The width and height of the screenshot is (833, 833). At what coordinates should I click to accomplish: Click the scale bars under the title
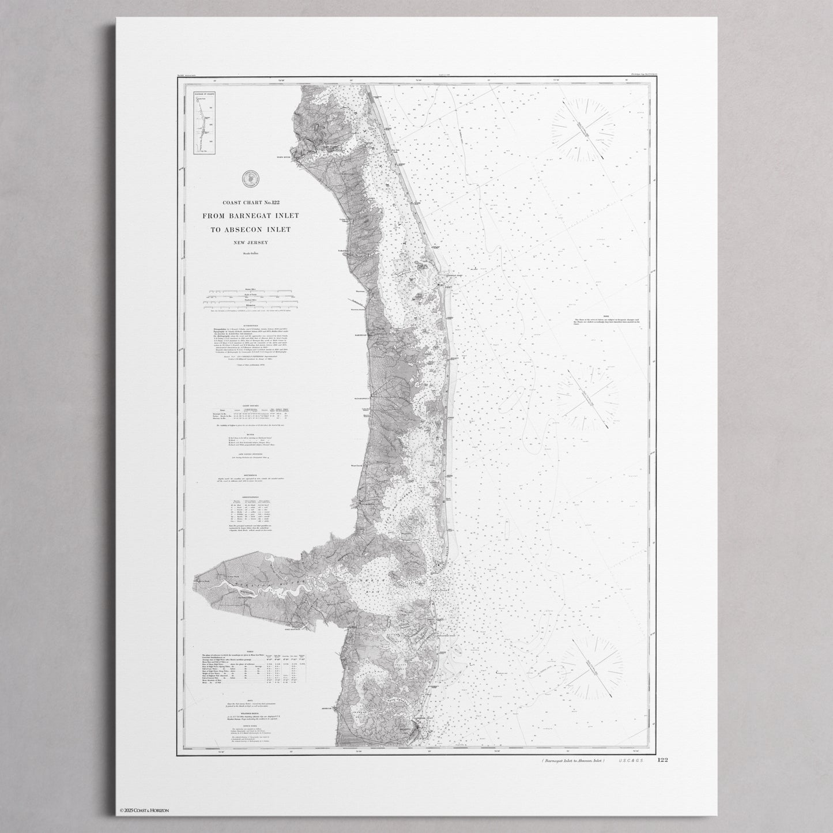tap(251, 299)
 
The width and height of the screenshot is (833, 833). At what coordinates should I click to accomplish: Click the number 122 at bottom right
tap(662, 761)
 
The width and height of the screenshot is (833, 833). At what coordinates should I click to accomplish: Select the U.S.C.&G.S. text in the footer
tap(632, 762)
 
